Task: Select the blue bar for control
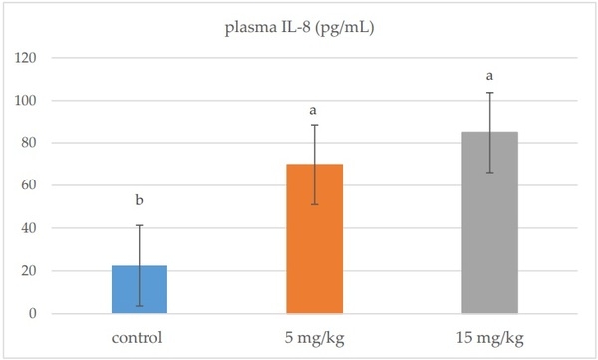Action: (x=140, y=289)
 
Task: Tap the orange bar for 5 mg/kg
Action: (x=315, y=238)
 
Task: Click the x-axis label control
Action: (x=140, y=337)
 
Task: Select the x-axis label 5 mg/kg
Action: (x=315, y=337)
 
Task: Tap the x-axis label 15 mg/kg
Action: (x=489, y=337)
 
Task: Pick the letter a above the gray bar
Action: (x=489, y=75)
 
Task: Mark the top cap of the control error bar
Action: (x=140, y=225)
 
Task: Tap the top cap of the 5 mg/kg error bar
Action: (x=315, y=125)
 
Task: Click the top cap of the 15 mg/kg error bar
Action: (x=489, y=93)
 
